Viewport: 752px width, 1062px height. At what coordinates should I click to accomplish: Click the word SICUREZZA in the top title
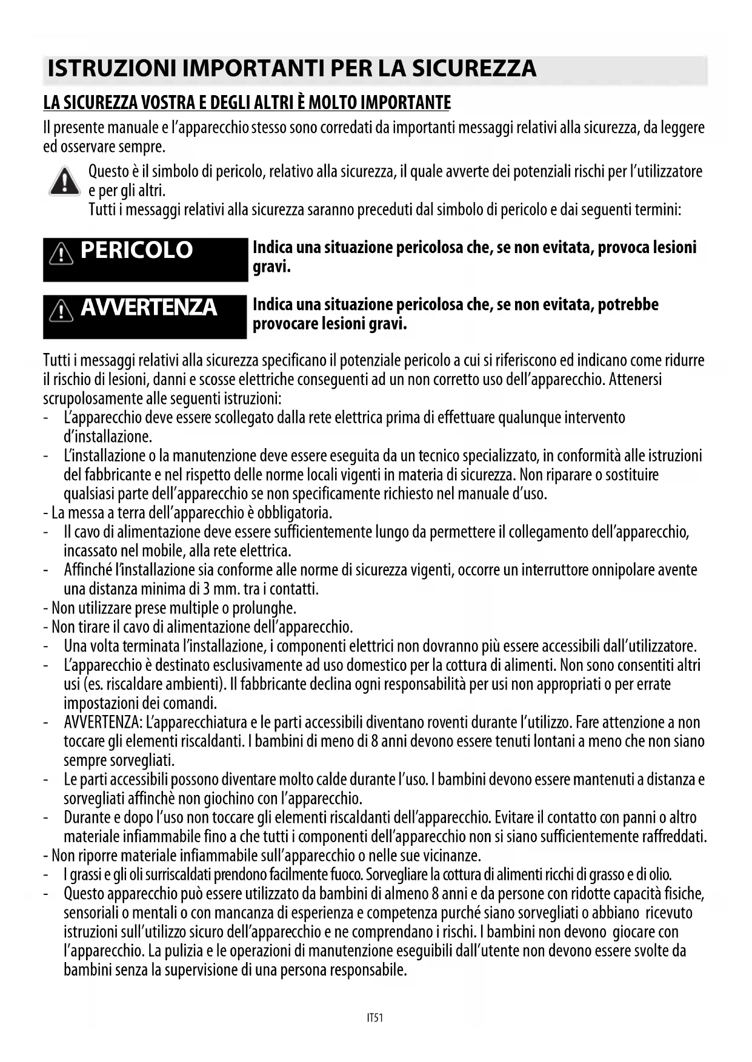(474, 68)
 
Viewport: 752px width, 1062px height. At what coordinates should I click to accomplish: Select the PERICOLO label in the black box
(136, 250)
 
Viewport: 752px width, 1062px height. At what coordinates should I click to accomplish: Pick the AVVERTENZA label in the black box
(148, 307)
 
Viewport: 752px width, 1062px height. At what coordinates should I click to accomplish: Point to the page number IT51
(375, 1018)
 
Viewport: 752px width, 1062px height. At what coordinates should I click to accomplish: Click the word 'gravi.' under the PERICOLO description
(271, 267)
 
